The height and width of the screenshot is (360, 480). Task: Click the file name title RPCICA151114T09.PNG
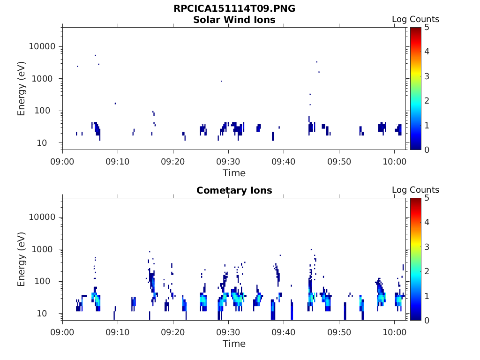point(234,8)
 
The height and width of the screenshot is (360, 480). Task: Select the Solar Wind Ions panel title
point(234,20)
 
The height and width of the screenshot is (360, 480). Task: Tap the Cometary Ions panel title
point(234,190)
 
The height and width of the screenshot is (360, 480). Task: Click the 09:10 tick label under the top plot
point(118,161)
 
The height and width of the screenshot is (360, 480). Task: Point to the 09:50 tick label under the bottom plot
point(339,332)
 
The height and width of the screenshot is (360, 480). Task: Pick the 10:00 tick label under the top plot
point(395,161)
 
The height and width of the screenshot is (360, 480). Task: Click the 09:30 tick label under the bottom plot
point(228,332)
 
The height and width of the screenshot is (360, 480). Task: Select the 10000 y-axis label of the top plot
point(42,46)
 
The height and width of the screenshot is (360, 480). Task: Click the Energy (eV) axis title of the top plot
point(21,89)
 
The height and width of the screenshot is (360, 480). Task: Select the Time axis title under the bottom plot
point(234,344)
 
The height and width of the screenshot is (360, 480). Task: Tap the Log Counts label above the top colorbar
point(415,19)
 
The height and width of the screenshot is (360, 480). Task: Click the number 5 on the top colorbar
point(427,28)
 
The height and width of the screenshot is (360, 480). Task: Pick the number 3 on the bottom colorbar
point(427,247)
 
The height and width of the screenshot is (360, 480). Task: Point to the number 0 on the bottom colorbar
point(427,321)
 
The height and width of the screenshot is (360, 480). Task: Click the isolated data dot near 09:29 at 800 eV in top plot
point(222,81)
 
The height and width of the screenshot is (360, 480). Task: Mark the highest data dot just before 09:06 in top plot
point(96,55)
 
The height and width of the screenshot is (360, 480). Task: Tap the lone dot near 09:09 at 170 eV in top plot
point(115,104)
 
